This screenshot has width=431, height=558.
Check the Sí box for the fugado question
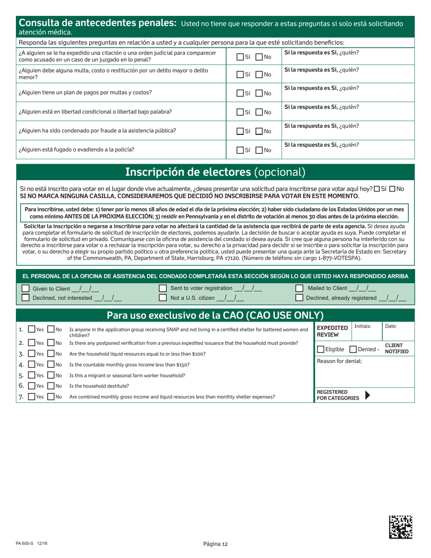click(x=240, y=150)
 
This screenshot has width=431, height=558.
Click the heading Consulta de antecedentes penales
click(x=97, y=23)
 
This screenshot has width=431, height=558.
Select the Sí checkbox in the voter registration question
click(x=377, y=189)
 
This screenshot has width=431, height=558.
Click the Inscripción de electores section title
click(x=215, y=172)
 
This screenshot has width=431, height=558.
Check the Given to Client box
click(x=25, y=289)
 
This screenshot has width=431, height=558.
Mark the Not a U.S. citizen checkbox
click(x=162, y=298)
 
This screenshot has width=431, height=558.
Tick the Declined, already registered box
click(x=299, y=298)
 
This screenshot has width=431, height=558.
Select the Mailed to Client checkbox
click(x=299, y=289)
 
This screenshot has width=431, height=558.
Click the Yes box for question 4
click(x=32, y=364)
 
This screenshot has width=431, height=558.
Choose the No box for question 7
click(x=51, y=397)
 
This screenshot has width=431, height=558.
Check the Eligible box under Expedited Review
click(x=321, y=349)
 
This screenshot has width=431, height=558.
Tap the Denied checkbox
click(x=353, y=349)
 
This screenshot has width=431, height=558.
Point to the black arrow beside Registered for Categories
click(x=367, y=395)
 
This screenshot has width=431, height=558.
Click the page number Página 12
click(x=215, y=544)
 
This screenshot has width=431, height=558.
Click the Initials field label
click(x=362, y=326)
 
